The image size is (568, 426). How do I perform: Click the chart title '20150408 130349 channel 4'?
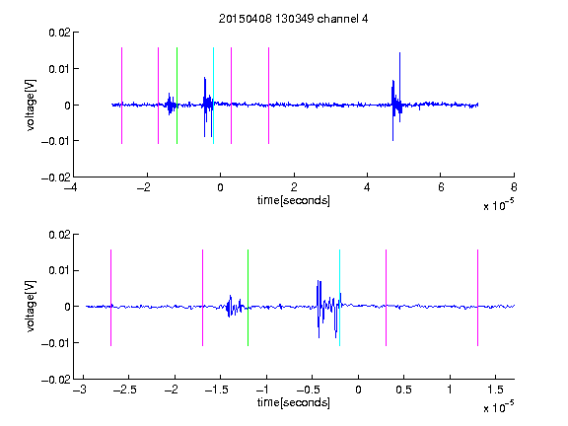coord(294,19)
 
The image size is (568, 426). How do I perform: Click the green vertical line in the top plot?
coord(177,96)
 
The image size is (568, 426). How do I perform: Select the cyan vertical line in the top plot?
coord(213,96)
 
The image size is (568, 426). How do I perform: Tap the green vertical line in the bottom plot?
coord(248,298)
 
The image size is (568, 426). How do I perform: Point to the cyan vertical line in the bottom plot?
coord(339,298)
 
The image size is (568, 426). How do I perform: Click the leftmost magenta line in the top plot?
coord(121,96)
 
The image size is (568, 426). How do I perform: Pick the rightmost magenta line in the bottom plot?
coord(477,298)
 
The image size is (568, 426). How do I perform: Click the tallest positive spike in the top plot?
coord(399,53)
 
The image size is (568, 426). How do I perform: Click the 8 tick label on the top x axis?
coord(514,187)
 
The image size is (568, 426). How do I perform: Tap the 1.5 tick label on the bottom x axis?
coord(495,390)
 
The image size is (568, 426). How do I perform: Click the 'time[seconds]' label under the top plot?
coord(294,200)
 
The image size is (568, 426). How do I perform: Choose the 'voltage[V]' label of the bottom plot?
coord(32,307)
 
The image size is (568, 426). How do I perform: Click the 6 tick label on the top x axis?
coord(441,187)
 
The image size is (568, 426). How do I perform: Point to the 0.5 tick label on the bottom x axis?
coord(403,390)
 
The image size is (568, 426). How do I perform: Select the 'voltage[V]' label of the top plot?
coord(32,106)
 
